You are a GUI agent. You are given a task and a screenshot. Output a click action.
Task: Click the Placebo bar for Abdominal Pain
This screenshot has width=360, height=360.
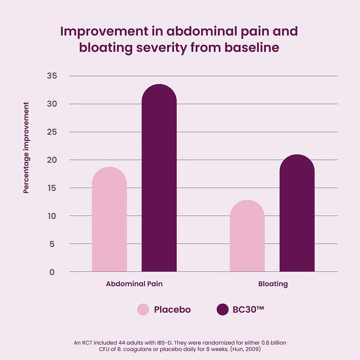coord(109,220)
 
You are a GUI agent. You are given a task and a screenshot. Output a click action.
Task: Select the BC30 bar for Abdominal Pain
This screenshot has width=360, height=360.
coord(159,178)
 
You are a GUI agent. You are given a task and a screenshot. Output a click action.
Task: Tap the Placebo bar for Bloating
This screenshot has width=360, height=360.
coord(247,236)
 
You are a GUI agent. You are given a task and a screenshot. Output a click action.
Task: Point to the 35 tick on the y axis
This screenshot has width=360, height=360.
coord(53,76)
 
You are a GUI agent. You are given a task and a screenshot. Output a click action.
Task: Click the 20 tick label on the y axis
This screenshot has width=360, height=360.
coord(53,160)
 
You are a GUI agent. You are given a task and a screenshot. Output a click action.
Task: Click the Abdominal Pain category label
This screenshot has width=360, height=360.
coord(134,284)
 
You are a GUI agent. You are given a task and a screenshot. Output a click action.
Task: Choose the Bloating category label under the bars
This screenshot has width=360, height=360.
coord(273,284)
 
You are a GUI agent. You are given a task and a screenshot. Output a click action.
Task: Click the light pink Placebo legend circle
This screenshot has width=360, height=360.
coord(143,310)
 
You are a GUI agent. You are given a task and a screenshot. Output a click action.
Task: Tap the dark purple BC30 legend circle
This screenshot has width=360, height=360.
coord(222,310)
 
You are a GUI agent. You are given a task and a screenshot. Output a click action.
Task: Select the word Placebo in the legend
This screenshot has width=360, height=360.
coord(172,310)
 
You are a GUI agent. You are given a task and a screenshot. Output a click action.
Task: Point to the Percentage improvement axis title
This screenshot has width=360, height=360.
coord(26,148)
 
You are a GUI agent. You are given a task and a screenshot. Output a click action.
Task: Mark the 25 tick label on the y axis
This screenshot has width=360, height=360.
coord(53,132)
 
